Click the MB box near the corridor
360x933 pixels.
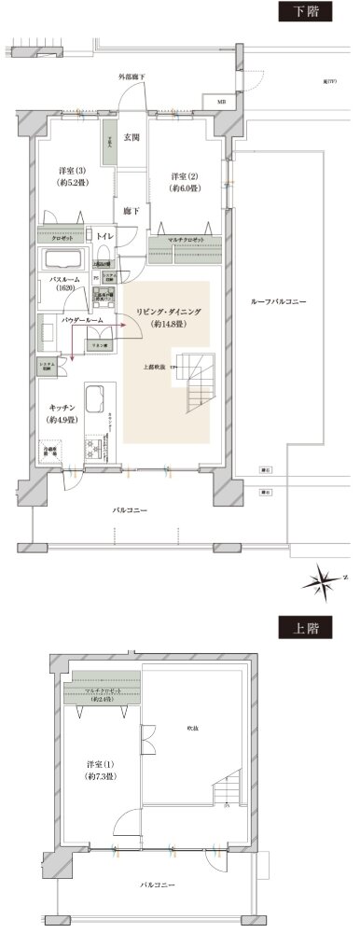tap(221, 101)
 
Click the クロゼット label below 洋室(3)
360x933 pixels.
tap(50, 236)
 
